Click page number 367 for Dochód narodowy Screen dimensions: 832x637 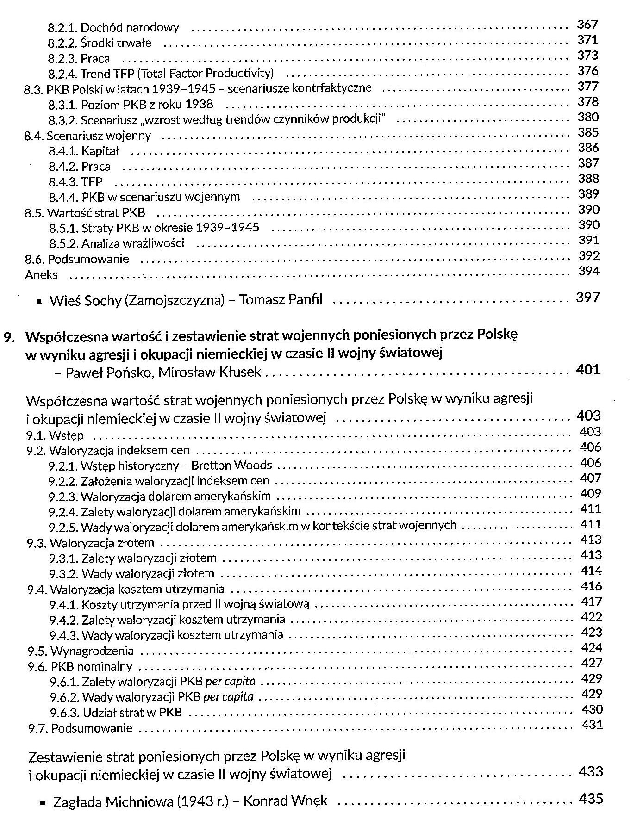click(x=588, y=25)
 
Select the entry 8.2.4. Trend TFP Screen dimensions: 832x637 click(x=161, y=74)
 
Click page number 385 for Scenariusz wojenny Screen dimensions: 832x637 click(x=588, y=133)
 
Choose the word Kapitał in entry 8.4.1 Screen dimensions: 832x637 click(x=100, y=151)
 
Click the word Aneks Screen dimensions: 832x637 click(x=41, y=275)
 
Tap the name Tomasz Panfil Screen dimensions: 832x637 click(x=281, y=300)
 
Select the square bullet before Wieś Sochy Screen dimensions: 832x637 click(x=40, y=302)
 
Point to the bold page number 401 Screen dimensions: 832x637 click(x=588, y=369)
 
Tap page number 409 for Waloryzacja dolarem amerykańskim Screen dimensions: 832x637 click(x=590, y=494)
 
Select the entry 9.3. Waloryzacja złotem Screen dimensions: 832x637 click(x=90, y=543)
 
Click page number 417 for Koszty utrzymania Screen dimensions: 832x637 click(x=591, y=602)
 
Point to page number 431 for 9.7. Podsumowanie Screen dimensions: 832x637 click(x=592, y=725)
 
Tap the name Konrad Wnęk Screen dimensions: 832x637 click(x=285, y=801)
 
